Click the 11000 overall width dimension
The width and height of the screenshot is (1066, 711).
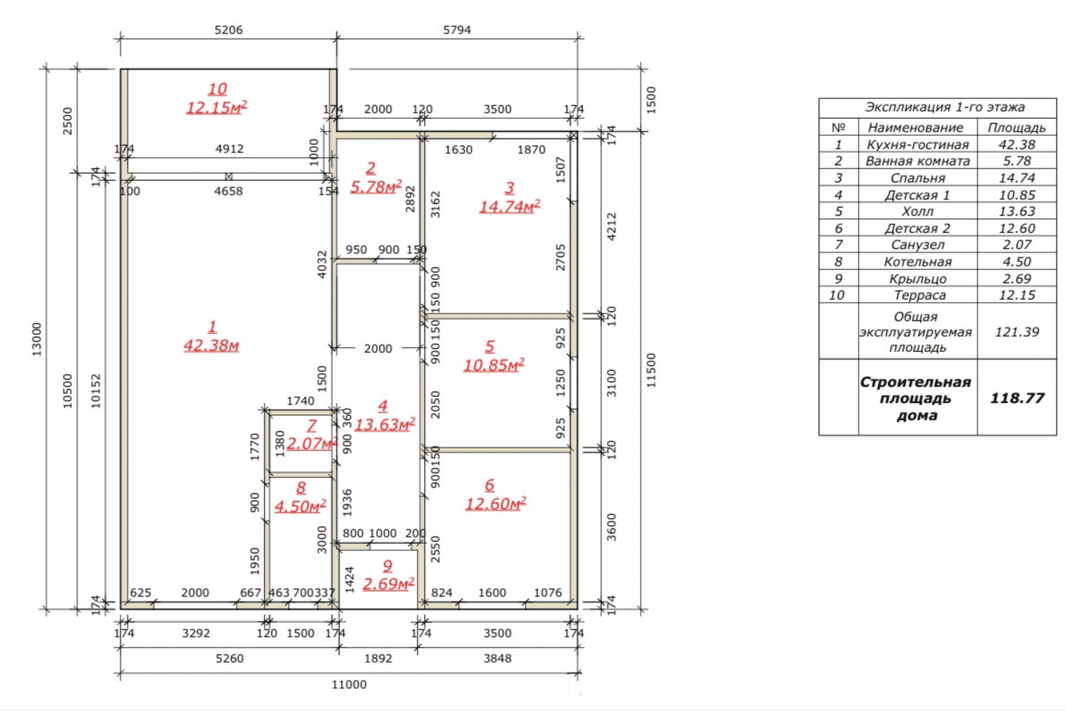tap(349, 684)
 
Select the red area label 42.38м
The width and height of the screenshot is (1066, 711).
tap(211, 345)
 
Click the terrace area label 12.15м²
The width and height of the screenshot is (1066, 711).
tap(217, 108)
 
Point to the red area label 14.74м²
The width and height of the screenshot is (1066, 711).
tap(510, 206)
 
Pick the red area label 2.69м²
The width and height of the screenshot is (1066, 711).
tap(388, 584)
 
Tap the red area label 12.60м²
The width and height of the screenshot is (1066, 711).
tap(496, 503)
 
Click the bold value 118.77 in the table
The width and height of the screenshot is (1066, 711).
tap(1017, 398)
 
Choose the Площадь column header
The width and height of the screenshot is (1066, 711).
tap(1017, 128)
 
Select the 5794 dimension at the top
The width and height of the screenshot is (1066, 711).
tap(457, 30)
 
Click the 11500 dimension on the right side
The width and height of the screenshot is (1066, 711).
tap(651, 370)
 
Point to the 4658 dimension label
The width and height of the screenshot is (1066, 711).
tap(229, 191)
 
